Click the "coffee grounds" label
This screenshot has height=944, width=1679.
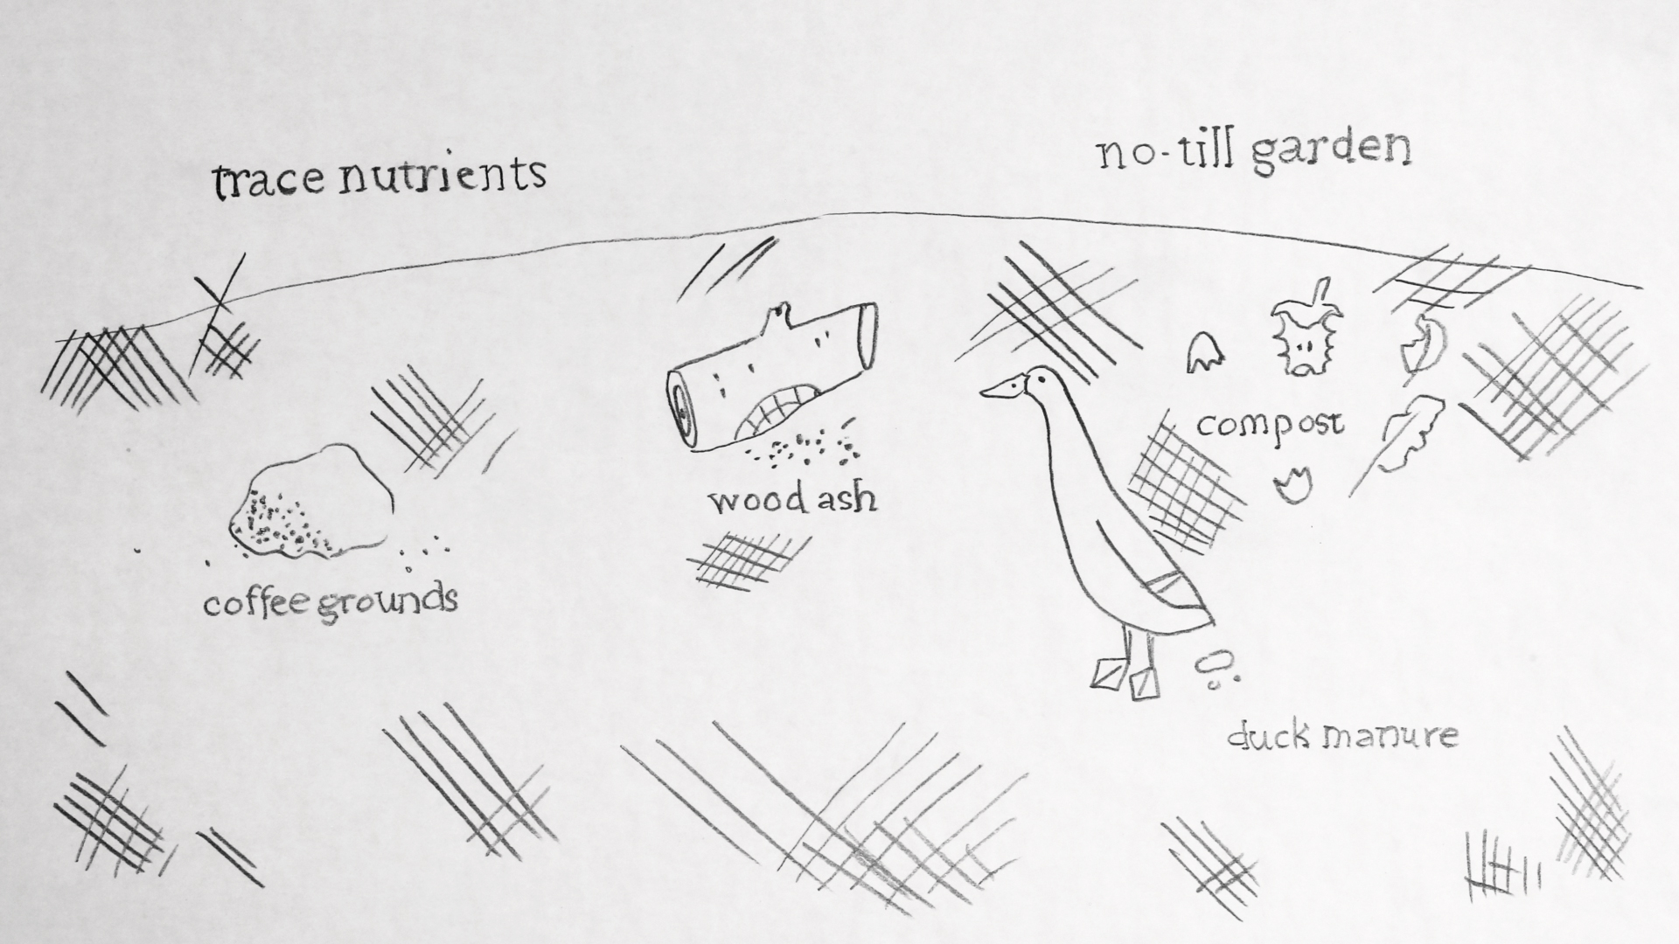[331, 602]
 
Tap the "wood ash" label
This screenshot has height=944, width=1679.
[792, 499]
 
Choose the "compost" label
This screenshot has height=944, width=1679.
[1270, 426]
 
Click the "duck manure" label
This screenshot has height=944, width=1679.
[1342, 735]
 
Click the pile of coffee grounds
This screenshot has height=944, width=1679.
[310, 503]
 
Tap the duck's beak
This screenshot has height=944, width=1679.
[997, 390]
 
